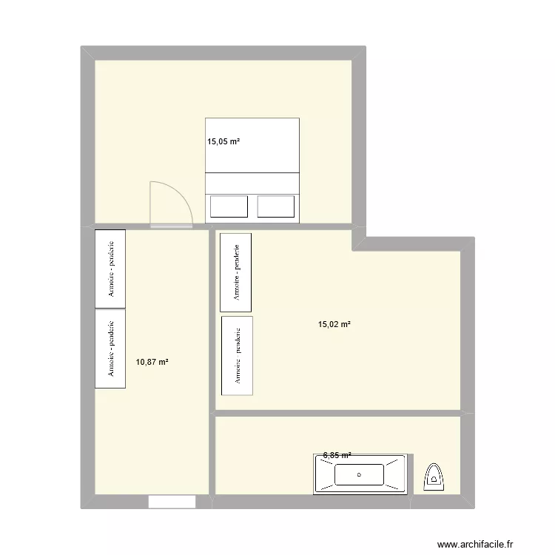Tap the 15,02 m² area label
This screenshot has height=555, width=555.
tap(334, 323)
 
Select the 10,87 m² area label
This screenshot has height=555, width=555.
tap(152, 362)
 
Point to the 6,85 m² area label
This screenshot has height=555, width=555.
tap(337, 456)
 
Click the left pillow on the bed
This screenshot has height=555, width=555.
tap(229, 206)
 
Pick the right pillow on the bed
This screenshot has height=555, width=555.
tap(276, 206)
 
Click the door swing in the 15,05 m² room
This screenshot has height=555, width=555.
tap(170, 204)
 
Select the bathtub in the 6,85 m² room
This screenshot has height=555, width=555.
tap(360, 474)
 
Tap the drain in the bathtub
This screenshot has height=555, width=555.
tap(360, 474)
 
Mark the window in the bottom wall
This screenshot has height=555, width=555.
tap(172, 502)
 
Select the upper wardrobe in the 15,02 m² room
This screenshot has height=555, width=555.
tap(235, 272)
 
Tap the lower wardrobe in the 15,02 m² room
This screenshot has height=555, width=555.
tap(238, 356)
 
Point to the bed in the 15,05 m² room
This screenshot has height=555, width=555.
tap(252, 169)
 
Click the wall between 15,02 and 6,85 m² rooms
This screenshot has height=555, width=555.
tap(337, 412)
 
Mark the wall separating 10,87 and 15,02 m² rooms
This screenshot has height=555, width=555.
tap(211, 363)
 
